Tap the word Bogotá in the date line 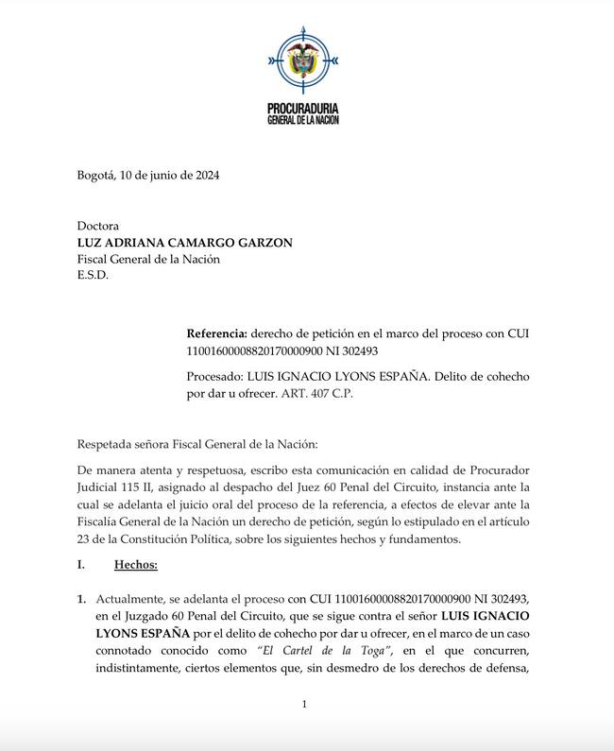pos(96,175)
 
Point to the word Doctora pos(98,227)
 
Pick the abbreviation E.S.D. pos(93,275)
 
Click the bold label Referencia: pos(217,333)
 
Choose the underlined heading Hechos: pos(135,565)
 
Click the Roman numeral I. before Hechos pos(82,565)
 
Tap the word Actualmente pos(132,599)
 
